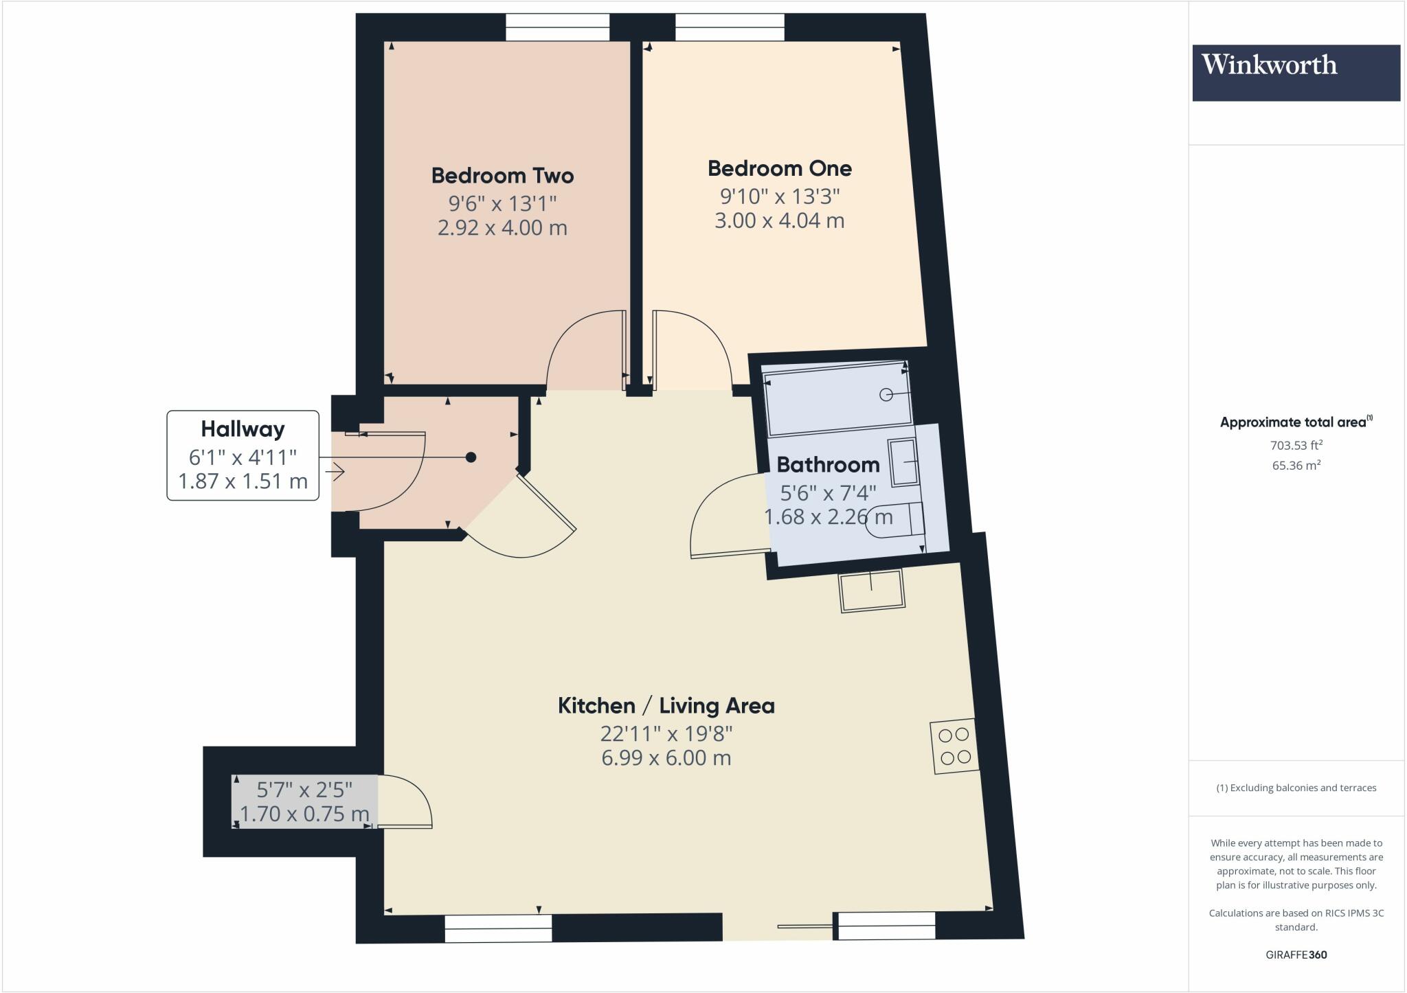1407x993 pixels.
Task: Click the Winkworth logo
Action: point(1296,73)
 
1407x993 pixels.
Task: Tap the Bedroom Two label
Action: point(502,176)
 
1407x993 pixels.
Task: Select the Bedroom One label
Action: point(779,168)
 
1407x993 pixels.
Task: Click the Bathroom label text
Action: point(828,465)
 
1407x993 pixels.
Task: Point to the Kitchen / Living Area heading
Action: point(666,706)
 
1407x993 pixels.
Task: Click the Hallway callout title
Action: point(243,429)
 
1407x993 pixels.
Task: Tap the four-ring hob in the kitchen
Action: point(954,746)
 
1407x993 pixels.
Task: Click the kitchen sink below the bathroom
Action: point(871,591)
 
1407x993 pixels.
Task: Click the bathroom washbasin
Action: point(904,463)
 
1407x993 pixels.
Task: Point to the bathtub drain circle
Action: point(886,394)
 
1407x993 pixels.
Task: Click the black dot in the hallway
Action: point(471,457)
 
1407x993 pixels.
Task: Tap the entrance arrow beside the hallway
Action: point(335,472)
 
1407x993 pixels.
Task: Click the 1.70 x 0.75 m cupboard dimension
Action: point(304,814)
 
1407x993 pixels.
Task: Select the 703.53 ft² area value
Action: point(1296,445)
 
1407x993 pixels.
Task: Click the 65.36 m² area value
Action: point(1296,465)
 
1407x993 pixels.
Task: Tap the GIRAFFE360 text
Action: point(1296,955)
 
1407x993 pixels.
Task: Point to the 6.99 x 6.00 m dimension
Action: point(666,758)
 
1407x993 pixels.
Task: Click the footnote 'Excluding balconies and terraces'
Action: point(1296,788)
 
